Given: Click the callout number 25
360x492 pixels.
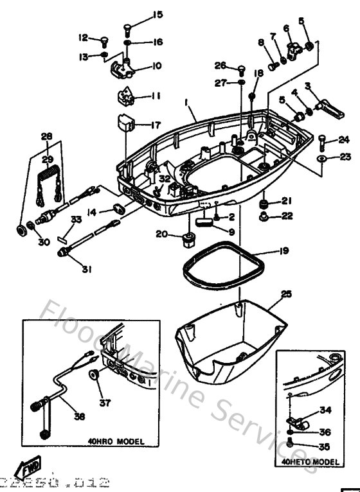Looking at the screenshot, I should (x=286, y=294).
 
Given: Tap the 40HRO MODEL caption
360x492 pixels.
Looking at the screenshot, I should (x=116, y=442).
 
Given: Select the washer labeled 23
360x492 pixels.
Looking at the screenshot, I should (x=321, y=157).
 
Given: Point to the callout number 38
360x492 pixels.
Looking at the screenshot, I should (x=79, y=416).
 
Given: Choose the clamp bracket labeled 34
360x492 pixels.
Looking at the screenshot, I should (x=296, y=425).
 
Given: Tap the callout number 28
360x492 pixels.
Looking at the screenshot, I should (x=46, y=136).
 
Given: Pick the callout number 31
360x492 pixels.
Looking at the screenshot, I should (x=86, y=270).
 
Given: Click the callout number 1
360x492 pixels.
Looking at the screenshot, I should (x=184, y=102).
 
